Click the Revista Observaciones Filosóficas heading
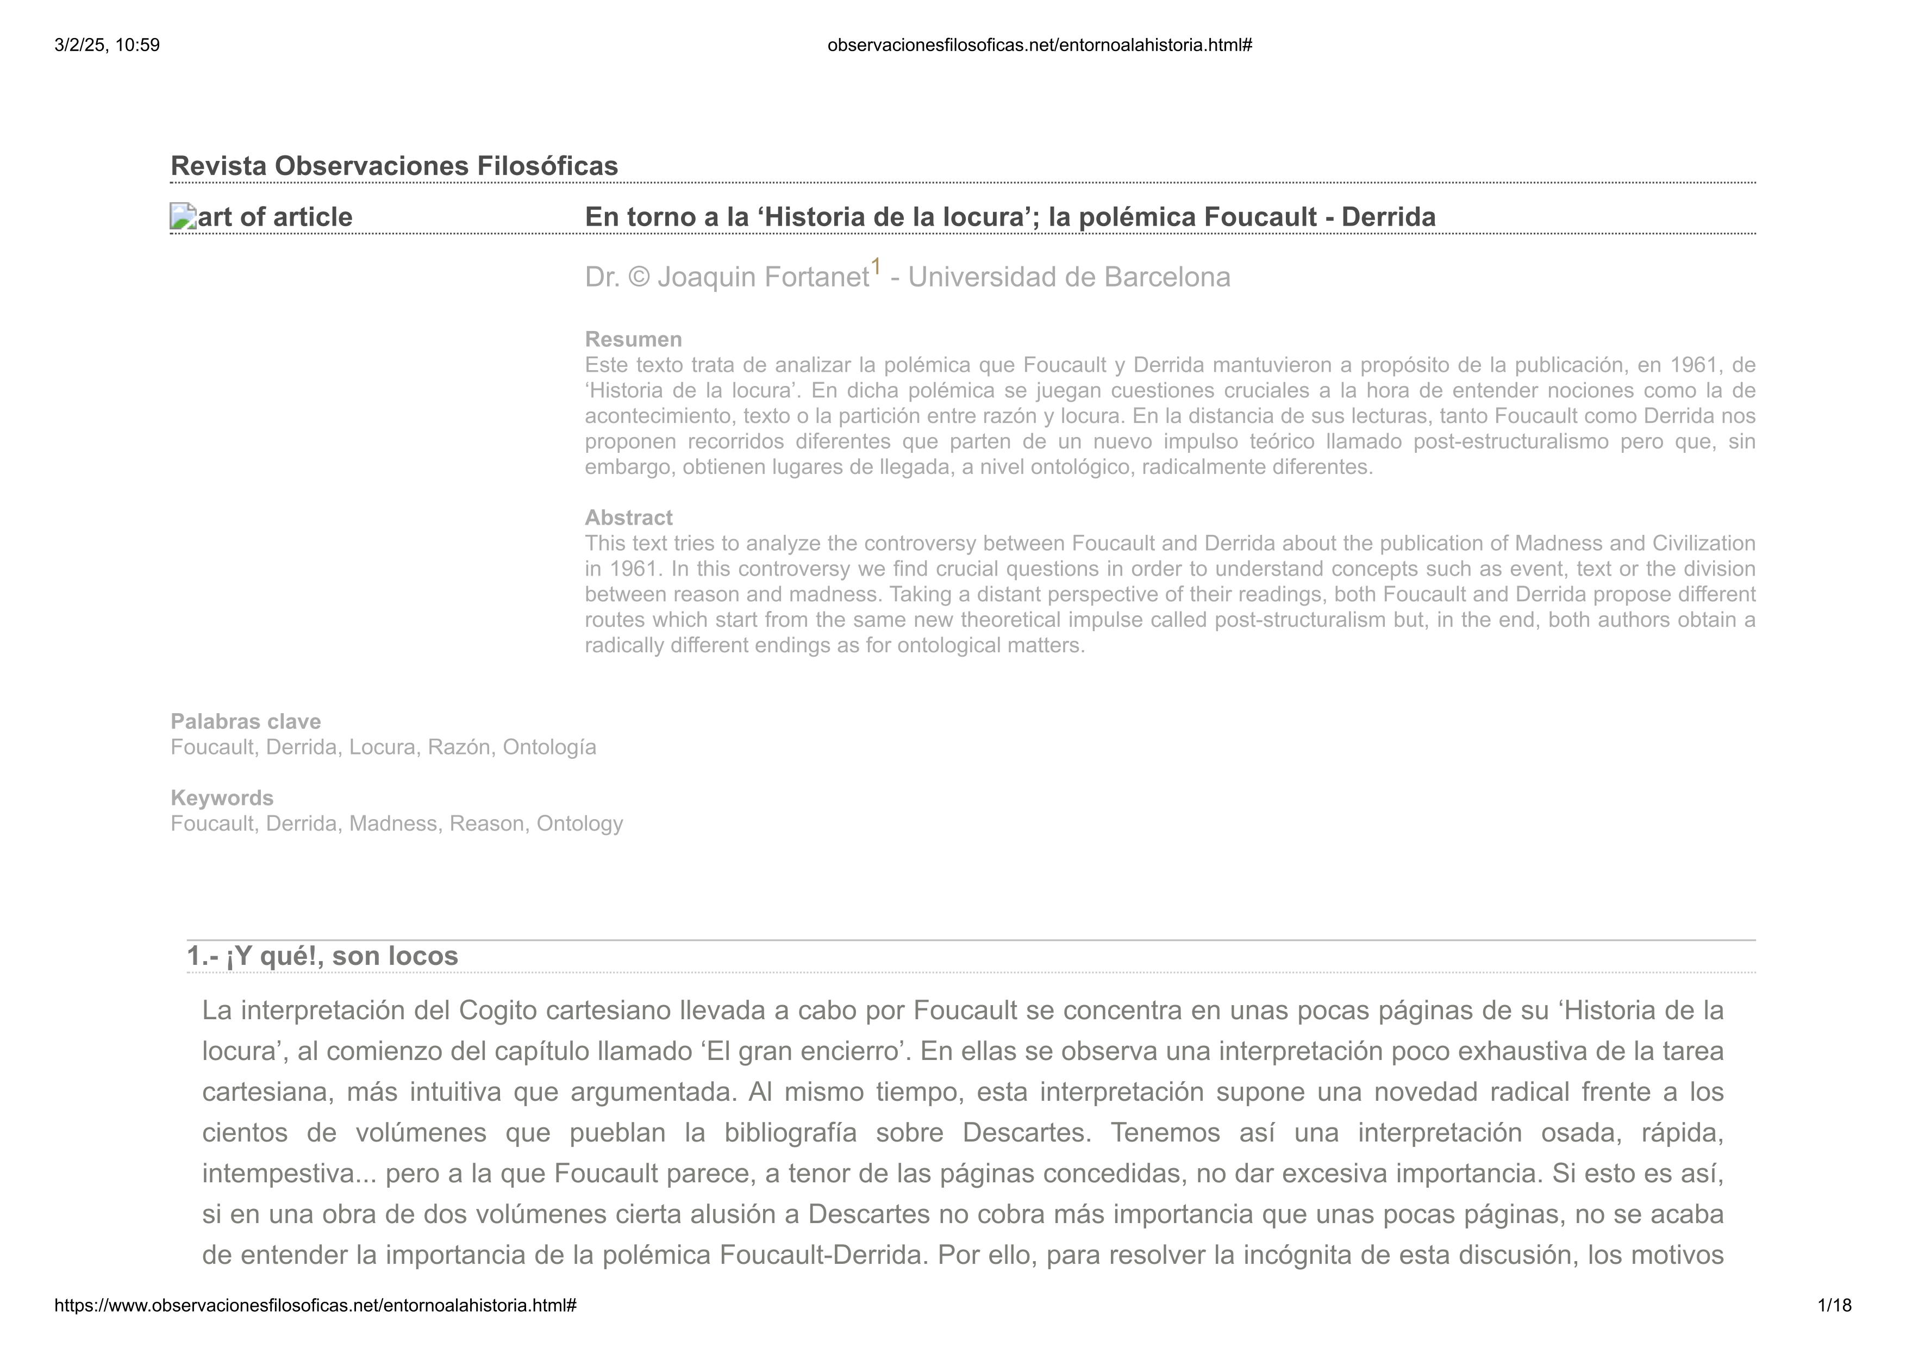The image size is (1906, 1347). [x=395, y=166]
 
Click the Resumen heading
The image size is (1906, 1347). [x=633, y=340]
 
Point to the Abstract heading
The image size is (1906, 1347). [x=628, y=518]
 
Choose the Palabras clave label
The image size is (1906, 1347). [x=246, y=722]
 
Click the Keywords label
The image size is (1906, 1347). [x=222, y=798]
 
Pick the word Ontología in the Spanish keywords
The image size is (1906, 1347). [x=549, y=747]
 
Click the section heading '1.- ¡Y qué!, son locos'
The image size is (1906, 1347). [x=322, y=956]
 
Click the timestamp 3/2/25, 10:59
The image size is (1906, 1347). [x=107, y=45]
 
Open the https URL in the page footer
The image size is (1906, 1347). [x=315, y=1306]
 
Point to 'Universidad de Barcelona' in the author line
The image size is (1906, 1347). [x=1069, y=277]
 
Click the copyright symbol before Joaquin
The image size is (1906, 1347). [x=639, y=277]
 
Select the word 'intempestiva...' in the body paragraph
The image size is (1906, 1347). [x=287, y=1174]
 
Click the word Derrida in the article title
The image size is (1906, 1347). [x=1388, y=217]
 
